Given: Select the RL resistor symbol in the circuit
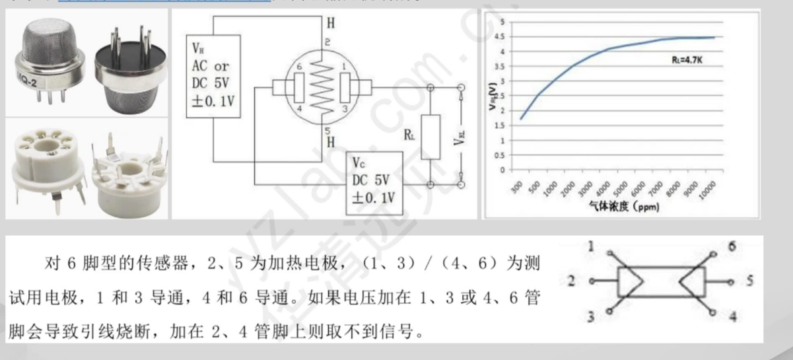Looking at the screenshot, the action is coord(430,137).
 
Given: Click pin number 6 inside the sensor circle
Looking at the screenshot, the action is coord(299,67).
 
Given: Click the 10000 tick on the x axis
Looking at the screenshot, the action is coord(708,188).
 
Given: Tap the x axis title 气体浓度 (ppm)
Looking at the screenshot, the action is coord(624,206).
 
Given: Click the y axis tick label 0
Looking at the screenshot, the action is coord(502,170).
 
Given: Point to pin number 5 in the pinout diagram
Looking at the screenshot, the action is coord(749,281).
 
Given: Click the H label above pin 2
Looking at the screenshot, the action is coord(330,23).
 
